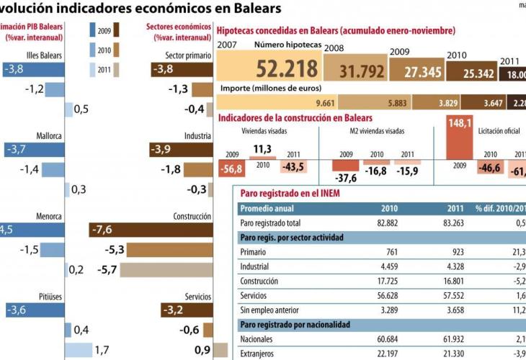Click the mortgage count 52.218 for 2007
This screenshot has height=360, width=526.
[x=287, y=68]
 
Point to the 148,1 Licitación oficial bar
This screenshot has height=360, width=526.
[x=458, y=137]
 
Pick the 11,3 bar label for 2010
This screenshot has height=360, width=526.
[x=262, y=149]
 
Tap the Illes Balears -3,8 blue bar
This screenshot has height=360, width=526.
[x=33, y=69]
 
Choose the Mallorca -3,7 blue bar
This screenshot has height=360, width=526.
[x=33, y=150]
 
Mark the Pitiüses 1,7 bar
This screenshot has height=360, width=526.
[x=79, y=350]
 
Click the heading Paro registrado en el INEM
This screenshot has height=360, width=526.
[x=290, y=193]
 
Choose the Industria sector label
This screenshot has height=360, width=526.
[x=197, y=135]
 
